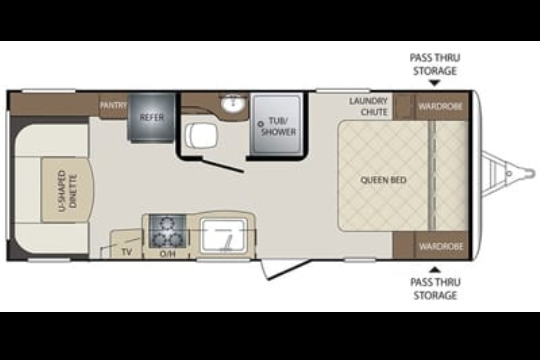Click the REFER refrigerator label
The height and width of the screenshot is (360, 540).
coord(152,117)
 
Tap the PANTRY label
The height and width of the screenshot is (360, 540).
coord(113,105)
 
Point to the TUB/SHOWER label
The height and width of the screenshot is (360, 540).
coord(278,126)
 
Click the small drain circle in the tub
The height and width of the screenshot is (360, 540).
coord(260,124)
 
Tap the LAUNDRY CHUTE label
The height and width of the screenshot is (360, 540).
coord(369,107)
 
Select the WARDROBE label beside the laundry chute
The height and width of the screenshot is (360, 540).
coord(440,106)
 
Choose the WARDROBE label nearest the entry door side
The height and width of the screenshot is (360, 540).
coord(441,246)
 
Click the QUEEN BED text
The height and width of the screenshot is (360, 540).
coord(383,180)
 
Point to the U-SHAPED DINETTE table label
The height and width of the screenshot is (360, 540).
coord(68,191)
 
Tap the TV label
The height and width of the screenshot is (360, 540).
coord(126,252)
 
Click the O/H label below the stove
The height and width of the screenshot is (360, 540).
coord(167,254)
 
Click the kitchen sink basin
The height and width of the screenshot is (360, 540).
coord(224,235)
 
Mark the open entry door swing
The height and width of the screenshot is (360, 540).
coord(284,269)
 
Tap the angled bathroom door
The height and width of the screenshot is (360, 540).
coord(223,165)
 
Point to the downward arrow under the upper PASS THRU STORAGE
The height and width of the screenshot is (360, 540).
coord(435,83)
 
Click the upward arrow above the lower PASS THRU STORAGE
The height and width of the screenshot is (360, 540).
coord(435,269)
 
